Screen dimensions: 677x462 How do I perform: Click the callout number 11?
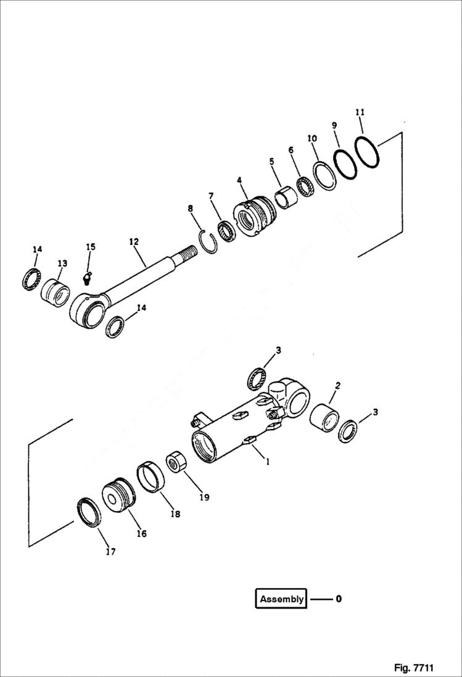click(x=360, y=112)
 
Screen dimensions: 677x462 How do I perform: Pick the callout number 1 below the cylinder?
click(x=267, y=460)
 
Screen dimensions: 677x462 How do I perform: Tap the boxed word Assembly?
click(x=281, y=599)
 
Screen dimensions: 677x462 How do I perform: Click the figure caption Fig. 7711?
click(x=413, y=668)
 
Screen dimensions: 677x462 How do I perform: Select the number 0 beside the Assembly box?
click(x=339, y=599)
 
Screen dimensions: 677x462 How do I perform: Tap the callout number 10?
click(x=313, y=139)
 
